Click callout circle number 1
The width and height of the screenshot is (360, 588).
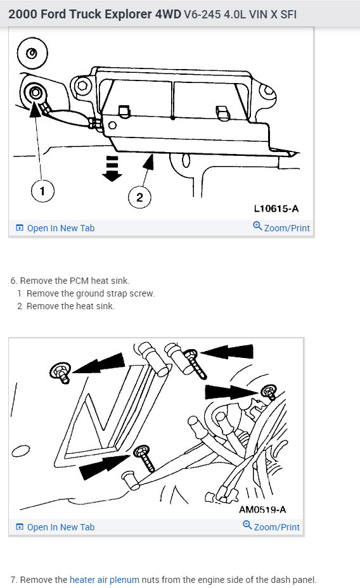tap(42, 191)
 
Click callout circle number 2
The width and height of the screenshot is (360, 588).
tap(139, 197)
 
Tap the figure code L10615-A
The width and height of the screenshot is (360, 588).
tap(276, 208)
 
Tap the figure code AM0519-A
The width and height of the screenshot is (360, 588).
tap(262, 509)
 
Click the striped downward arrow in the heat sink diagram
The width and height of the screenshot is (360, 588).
tap(112, 169)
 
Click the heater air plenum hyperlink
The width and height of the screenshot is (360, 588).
tap(104, 579)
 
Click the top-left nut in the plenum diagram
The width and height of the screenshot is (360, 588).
tap(61, 373)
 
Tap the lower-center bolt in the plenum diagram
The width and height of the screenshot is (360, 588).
tap(146, 458)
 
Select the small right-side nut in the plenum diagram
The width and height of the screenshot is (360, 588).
tap(269, 392)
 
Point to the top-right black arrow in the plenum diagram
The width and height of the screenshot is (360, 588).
tap(226, 352)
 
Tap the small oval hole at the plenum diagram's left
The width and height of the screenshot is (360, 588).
tap(21, 451)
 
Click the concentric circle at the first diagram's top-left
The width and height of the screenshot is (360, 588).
tap(32, 53)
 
